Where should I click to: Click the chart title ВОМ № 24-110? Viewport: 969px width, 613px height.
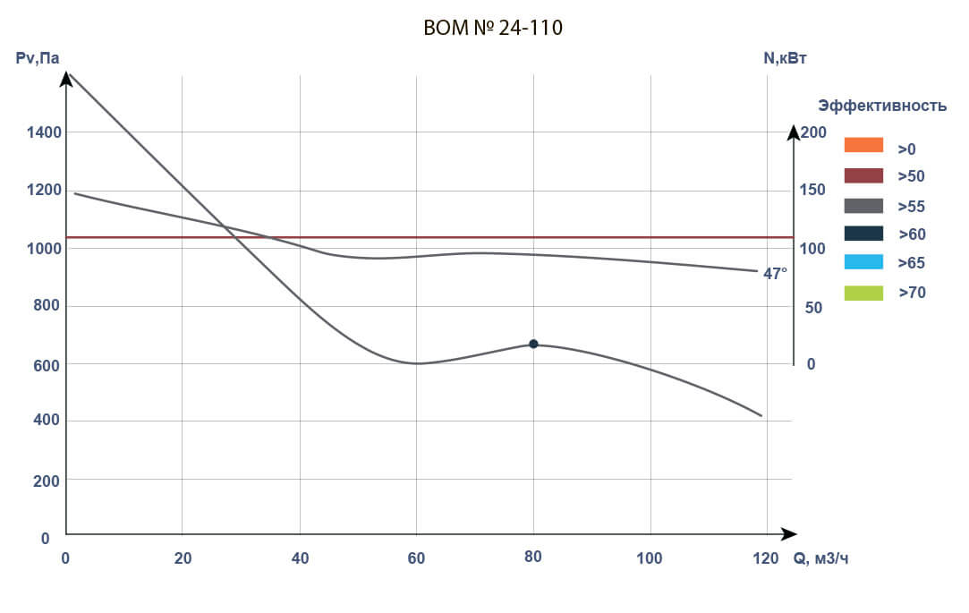pyautogui.click(x=493, y=29)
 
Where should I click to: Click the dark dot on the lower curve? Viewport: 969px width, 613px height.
pyautogui.click(x=533, y=344)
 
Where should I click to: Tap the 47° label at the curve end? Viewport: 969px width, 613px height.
pyautogui.click(x=775, y=274)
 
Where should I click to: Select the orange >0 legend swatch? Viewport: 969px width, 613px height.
pyautogui.click(x=863, y=145)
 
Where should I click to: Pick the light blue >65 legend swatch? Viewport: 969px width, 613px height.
pyautogui.click(x=863, y=262)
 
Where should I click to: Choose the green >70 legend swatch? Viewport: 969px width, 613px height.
pyautogui.click(x=863, y=292)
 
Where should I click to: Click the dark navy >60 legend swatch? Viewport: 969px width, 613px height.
pyautogui.click(x=863, y=234)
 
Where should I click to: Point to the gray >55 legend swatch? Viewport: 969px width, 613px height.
pyautogui.click(x=863, y=205)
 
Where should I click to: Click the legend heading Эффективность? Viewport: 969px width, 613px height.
pyautogui.click(x=882, y=106)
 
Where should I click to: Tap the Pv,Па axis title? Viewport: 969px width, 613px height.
pyautogui.click(x=38, y=59)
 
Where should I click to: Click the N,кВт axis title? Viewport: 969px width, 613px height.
pyautogui.click(x=786, y=59)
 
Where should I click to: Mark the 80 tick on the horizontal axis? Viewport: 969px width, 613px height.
pyautogui.click(x=533, y=559)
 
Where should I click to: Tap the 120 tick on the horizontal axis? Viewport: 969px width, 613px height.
pyautogui.click(x=766, y=559)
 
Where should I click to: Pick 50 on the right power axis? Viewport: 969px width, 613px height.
pyautogui.click(x=813, y=307)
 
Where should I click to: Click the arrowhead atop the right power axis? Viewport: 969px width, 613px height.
pyautogui.click(x=794, y=132)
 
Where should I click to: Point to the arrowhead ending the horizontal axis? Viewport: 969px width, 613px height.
pyautogui.click(x=788, y=534)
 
